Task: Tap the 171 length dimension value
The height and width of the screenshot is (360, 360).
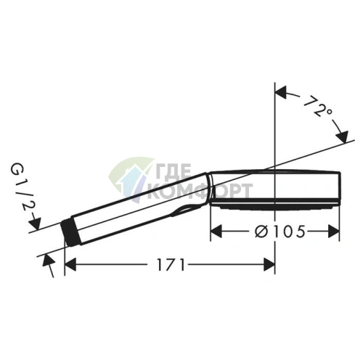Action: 169,265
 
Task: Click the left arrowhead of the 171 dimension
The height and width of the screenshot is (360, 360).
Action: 70,265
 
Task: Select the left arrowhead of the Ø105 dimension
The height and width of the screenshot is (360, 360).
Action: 216,231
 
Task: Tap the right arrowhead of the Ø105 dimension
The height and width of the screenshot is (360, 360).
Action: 335,231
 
